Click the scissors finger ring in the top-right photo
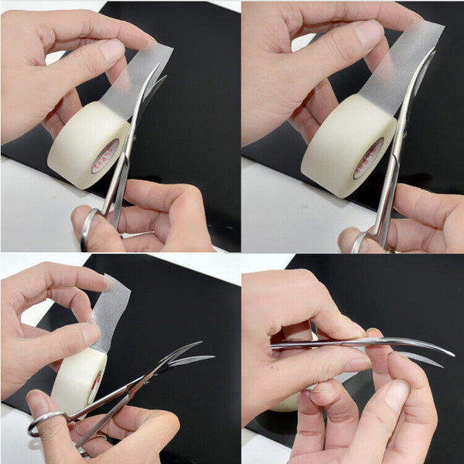[357, 241]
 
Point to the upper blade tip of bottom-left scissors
[199, 343]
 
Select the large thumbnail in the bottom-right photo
[396, 395]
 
